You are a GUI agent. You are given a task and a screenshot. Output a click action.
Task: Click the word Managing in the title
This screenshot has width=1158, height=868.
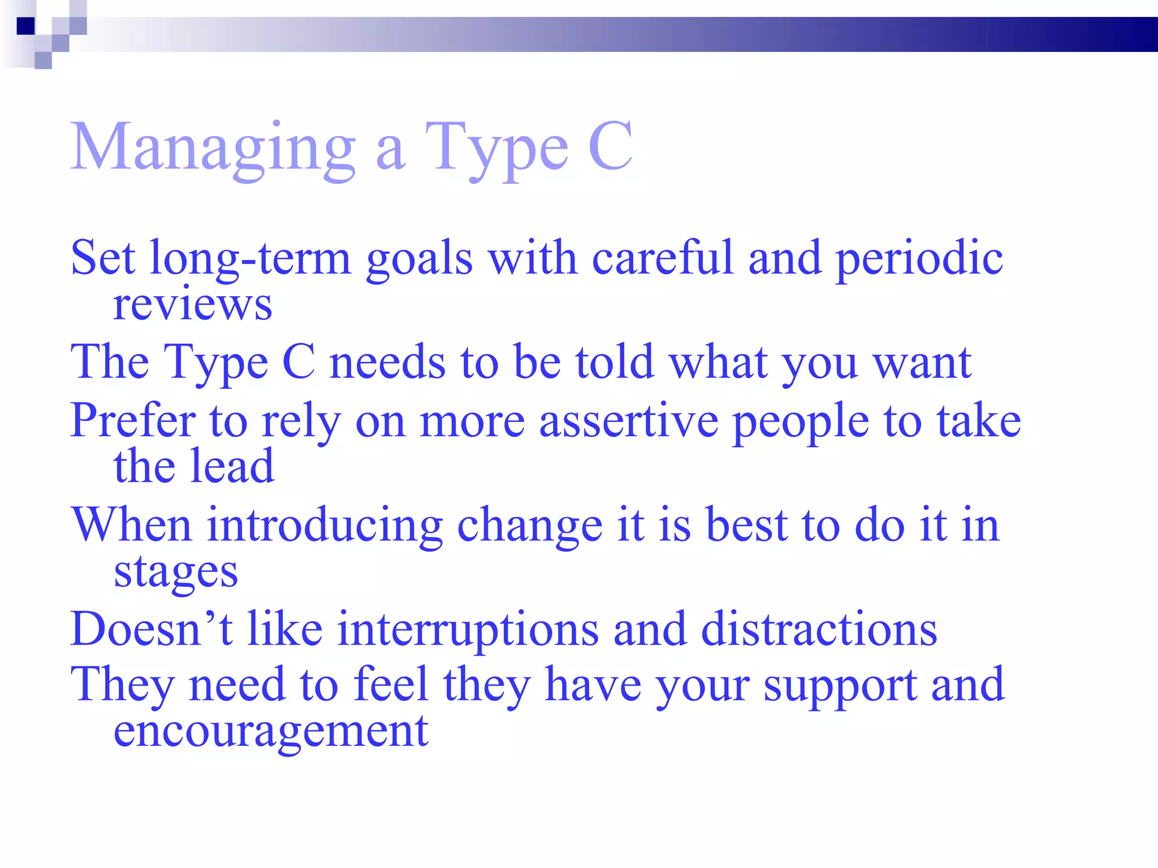213,148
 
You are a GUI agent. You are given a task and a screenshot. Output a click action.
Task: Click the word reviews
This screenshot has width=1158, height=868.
192,306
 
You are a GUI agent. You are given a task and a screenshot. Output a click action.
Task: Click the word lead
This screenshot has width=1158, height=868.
232,467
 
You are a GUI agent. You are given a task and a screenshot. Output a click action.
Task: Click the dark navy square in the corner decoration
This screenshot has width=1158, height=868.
25,26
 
